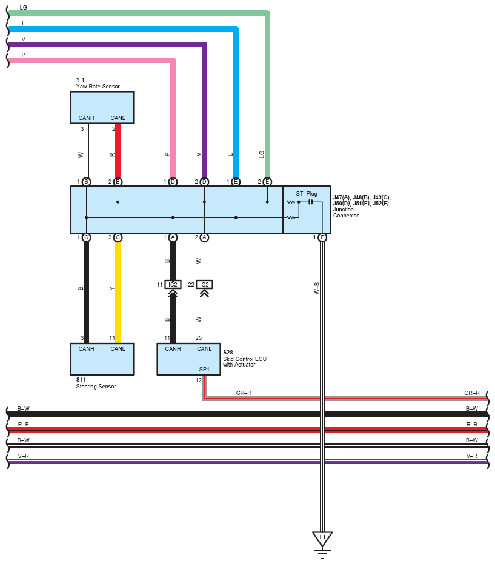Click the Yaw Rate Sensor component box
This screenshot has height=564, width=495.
pos(102,108)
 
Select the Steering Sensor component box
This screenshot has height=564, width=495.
pos(102,359)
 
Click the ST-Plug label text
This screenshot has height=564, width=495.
pos(307,193)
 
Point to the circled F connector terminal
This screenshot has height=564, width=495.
pos(322,237)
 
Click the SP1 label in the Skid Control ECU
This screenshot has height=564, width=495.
pos(204,369)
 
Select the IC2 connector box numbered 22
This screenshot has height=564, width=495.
pos(204,285)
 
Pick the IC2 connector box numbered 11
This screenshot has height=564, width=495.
pos(173,285)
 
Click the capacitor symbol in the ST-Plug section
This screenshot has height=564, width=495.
pos(310,202)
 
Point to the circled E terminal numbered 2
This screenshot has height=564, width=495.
pos(267,182)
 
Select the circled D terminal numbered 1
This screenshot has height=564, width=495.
pos(173,182)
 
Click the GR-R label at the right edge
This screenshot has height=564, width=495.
pos(471,393)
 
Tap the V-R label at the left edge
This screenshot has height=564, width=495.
pos(24,456)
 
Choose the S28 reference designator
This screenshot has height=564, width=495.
pos(228,353)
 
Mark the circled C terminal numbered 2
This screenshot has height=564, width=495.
pos(118,237)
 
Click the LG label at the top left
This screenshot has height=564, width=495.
pos(24,7)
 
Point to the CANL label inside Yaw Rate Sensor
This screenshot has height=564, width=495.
pos(118,118)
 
